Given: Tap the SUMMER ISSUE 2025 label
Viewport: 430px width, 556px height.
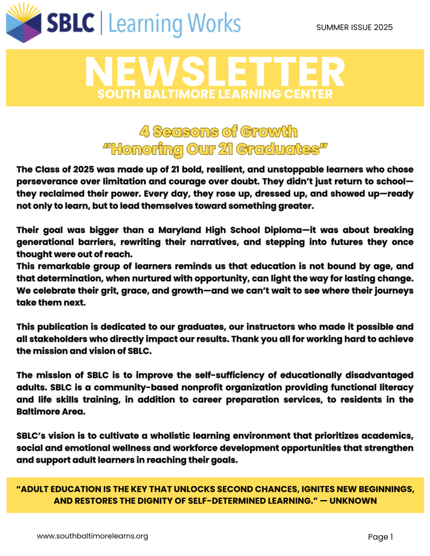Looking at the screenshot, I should [x=354, y=27].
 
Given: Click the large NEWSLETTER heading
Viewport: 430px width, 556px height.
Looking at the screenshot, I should [x=215, y=72].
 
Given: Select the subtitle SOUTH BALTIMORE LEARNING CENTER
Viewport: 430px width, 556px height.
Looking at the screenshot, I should [x=215, y=94].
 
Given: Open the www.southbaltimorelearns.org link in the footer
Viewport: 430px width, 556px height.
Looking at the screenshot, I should [x=92, y=536].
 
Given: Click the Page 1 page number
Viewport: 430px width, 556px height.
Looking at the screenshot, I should [x=380, y=537].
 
